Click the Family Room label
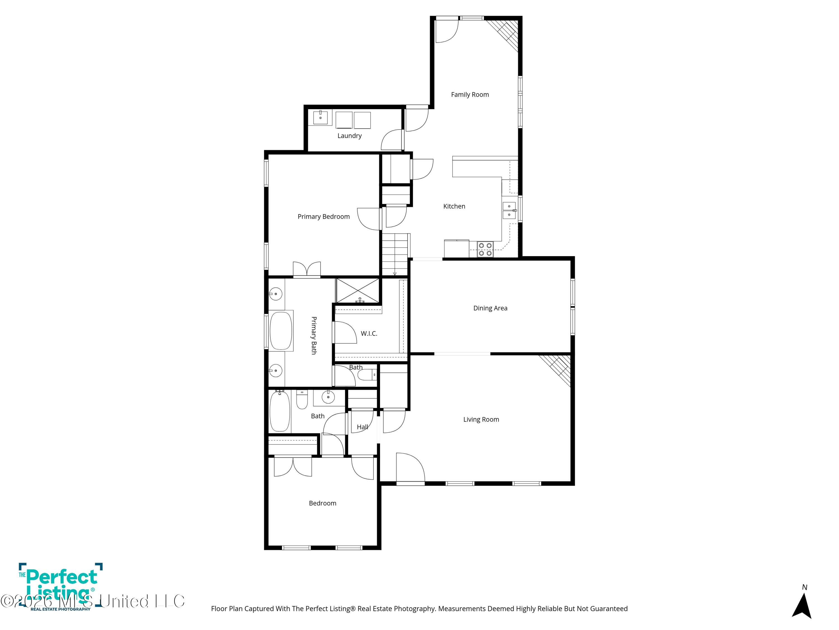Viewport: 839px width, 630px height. point(470,95)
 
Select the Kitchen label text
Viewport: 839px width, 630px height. point(454,206)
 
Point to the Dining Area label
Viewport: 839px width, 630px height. point(490,308)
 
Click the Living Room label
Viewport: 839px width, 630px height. point(481,419)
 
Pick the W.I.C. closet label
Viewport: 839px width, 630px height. point(369,333)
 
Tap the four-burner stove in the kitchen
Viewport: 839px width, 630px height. point(485,249)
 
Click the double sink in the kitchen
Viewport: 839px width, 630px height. point(509,210)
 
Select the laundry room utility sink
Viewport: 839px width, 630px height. point(320,118)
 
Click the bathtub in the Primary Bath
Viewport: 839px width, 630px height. point(281,330)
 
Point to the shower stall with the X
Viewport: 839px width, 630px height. point(358,291)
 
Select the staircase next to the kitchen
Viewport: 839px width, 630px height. point(395,254)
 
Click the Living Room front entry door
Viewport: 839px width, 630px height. point(410,469)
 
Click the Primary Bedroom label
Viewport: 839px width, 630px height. point(324,216)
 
